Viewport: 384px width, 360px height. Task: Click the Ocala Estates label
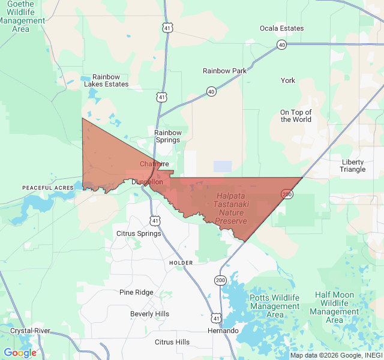coord(281,28)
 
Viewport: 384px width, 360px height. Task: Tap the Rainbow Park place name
coord(224,71)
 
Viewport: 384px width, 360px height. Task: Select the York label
coord(288,80)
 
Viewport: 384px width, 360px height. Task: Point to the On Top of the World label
coord(296,116)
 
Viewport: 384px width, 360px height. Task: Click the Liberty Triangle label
coord(353,166)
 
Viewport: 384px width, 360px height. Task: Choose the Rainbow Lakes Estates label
coord(106,80)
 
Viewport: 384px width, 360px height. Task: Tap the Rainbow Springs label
coord(167,136)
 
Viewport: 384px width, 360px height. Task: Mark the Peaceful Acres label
coord(48,188)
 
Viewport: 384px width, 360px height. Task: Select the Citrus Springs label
coord(139,233)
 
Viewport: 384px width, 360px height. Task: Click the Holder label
coord(181,263)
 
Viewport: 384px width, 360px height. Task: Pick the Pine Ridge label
coord(136,292)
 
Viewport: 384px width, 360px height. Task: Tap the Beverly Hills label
coord(149,314)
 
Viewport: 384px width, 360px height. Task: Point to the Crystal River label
coord(30,331)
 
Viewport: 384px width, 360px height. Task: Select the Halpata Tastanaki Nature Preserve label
coord(231,209)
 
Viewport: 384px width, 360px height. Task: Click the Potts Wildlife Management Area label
coord(275,306)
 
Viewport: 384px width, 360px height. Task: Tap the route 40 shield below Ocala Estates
coord(281,45)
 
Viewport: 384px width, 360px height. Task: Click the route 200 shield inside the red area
coord(287,194)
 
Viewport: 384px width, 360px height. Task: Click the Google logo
coord(20,353)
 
